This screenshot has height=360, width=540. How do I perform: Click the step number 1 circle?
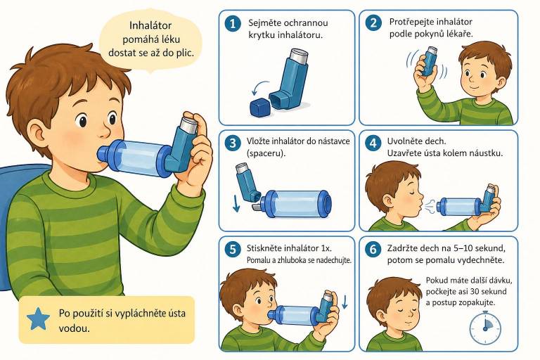tap(233, 24)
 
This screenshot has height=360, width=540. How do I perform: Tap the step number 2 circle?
tap(373, 23)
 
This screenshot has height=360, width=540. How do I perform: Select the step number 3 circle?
tap(233, 143)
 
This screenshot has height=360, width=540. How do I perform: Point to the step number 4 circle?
tap(373, 143)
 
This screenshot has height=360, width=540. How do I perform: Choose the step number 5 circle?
tap(233, 249)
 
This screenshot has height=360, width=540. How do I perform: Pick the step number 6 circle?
tap(373, 249)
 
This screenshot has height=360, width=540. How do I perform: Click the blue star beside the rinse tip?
tap(38, 319)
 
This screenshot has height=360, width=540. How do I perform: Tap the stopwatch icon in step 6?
tap(486, 326)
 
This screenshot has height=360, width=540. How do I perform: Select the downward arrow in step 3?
tap(236, 203)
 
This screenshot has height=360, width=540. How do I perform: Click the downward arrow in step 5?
tap(345, 301)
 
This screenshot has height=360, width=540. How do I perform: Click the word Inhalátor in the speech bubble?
tap(150, 25)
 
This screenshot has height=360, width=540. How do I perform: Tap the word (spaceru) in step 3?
tap(266, 153)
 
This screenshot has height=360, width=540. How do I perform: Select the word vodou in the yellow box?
tap(74, 328)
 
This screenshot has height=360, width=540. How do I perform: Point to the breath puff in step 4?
tap(430, 207)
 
